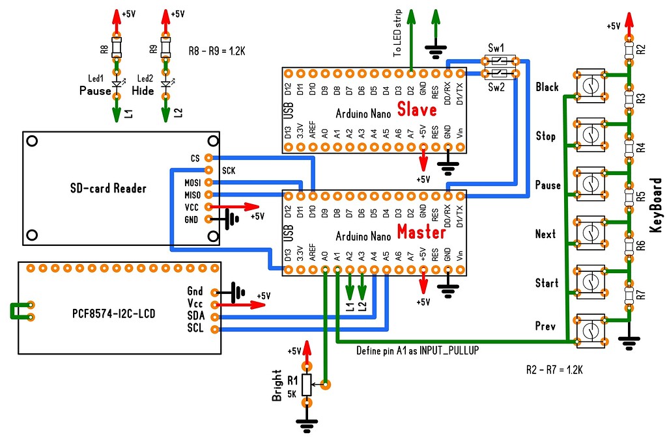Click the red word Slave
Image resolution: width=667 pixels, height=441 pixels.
[x=418, y=109]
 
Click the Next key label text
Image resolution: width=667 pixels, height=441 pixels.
[x=545, y=234]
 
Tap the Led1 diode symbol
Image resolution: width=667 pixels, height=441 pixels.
[x=117, y=83]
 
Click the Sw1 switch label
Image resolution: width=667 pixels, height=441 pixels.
[x=496, y=49]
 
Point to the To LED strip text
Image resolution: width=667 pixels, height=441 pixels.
[x=398, y=34]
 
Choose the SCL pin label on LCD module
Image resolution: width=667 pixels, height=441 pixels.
[x=195, y=328]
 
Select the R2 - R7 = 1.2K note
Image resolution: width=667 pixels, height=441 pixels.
[x=554, y=370]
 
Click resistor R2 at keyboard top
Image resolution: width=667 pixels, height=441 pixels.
[x=629, y=49]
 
